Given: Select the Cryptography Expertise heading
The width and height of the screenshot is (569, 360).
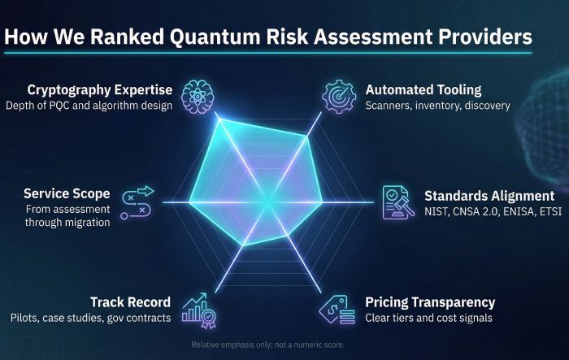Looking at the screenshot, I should click(x=100, y=89).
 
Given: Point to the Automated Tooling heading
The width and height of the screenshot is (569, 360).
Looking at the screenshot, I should click(x=423, y=89).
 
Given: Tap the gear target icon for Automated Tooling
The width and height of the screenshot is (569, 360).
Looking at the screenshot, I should click(x=340, y=94).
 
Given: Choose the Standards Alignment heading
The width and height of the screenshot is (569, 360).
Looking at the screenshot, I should click(x=489, y=196).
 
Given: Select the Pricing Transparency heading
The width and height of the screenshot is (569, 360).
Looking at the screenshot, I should click(x=430, y=302).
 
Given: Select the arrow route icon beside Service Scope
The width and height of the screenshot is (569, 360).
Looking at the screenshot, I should click(x=137, y=202).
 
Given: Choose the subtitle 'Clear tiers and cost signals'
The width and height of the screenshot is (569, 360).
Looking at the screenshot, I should click(x=428, y=318).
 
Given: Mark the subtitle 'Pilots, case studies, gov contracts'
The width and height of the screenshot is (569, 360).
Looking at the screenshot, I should click(x=90, y=318).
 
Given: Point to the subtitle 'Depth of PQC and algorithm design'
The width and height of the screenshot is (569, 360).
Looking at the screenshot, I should click(x=89, y=106).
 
